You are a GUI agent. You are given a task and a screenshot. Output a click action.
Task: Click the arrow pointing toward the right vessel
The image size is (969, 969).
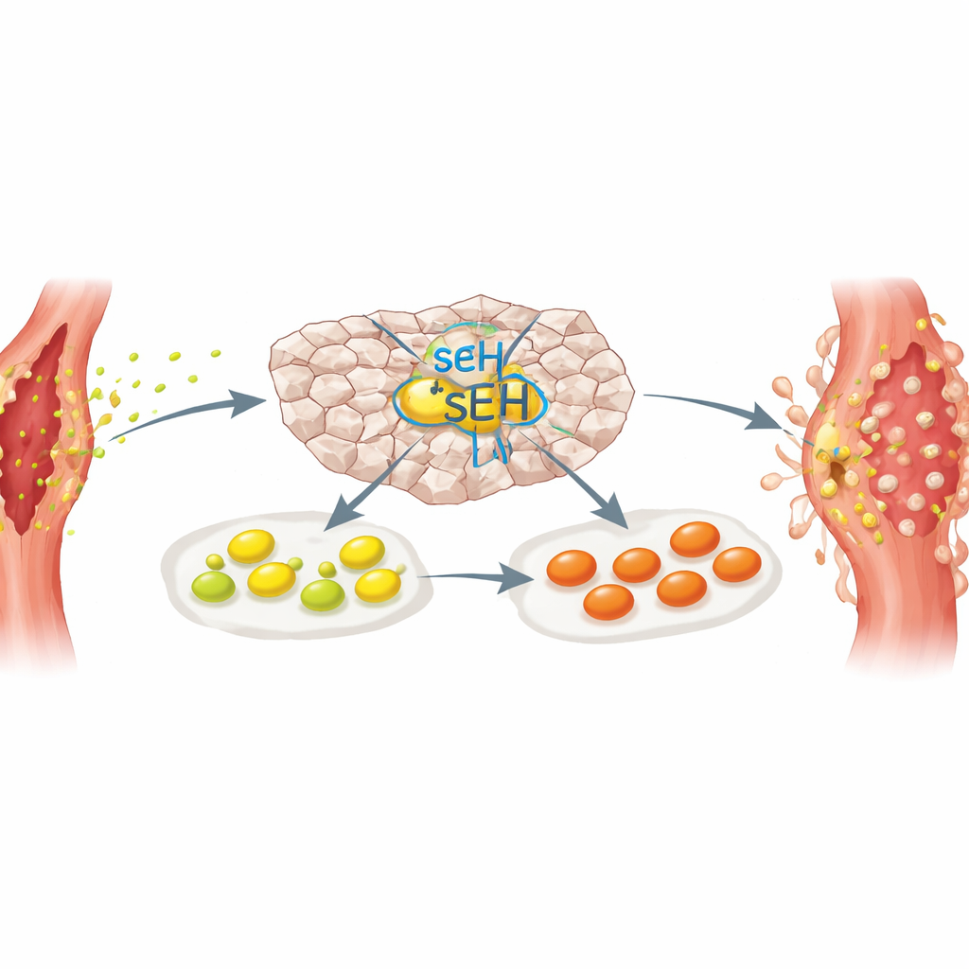click(x=717, y=407)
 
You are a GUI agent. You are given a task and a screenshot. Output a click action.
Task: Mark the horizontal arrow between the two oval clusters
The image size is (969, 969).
click(x=476, y=578)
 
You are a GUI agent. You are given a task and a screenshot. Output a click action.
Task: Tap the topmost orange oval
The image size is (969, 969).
click(x=696, y=538)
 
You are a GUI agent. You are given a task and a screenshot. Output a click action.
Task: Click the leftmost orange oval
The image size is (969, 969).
click(x=572, y=568)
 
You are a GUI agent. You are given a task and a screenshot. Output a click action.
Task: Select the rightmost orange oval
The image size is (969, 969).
click(x=736, y=564)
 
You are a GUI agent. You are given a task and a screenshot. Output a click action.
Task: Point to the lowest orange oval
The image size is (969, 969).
click(x=608, y=601)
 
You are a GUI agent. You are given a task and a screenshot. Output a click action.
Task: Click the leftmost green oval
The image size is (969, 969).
click(x=214, y=586)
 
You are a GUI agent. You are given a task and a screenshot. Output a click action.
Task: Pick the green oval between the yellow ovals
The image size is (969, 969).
click(x=323, y=594)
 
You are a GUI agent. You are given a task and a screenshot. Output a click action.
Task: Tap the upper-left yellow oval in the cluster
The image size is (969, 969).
click(x=252, y=546)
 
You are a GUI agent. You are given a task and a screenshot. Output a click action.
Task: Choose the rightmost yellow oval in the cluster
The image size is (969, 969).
click(x=379, y=585)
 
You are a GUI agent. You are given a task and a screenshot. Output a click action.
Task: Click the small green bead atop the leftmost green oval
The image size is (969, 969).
click(x=215, y=562)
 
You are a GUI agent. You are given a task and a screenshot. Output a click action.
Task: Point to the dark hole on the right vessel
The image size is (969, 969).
click(x=838, y=473)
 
